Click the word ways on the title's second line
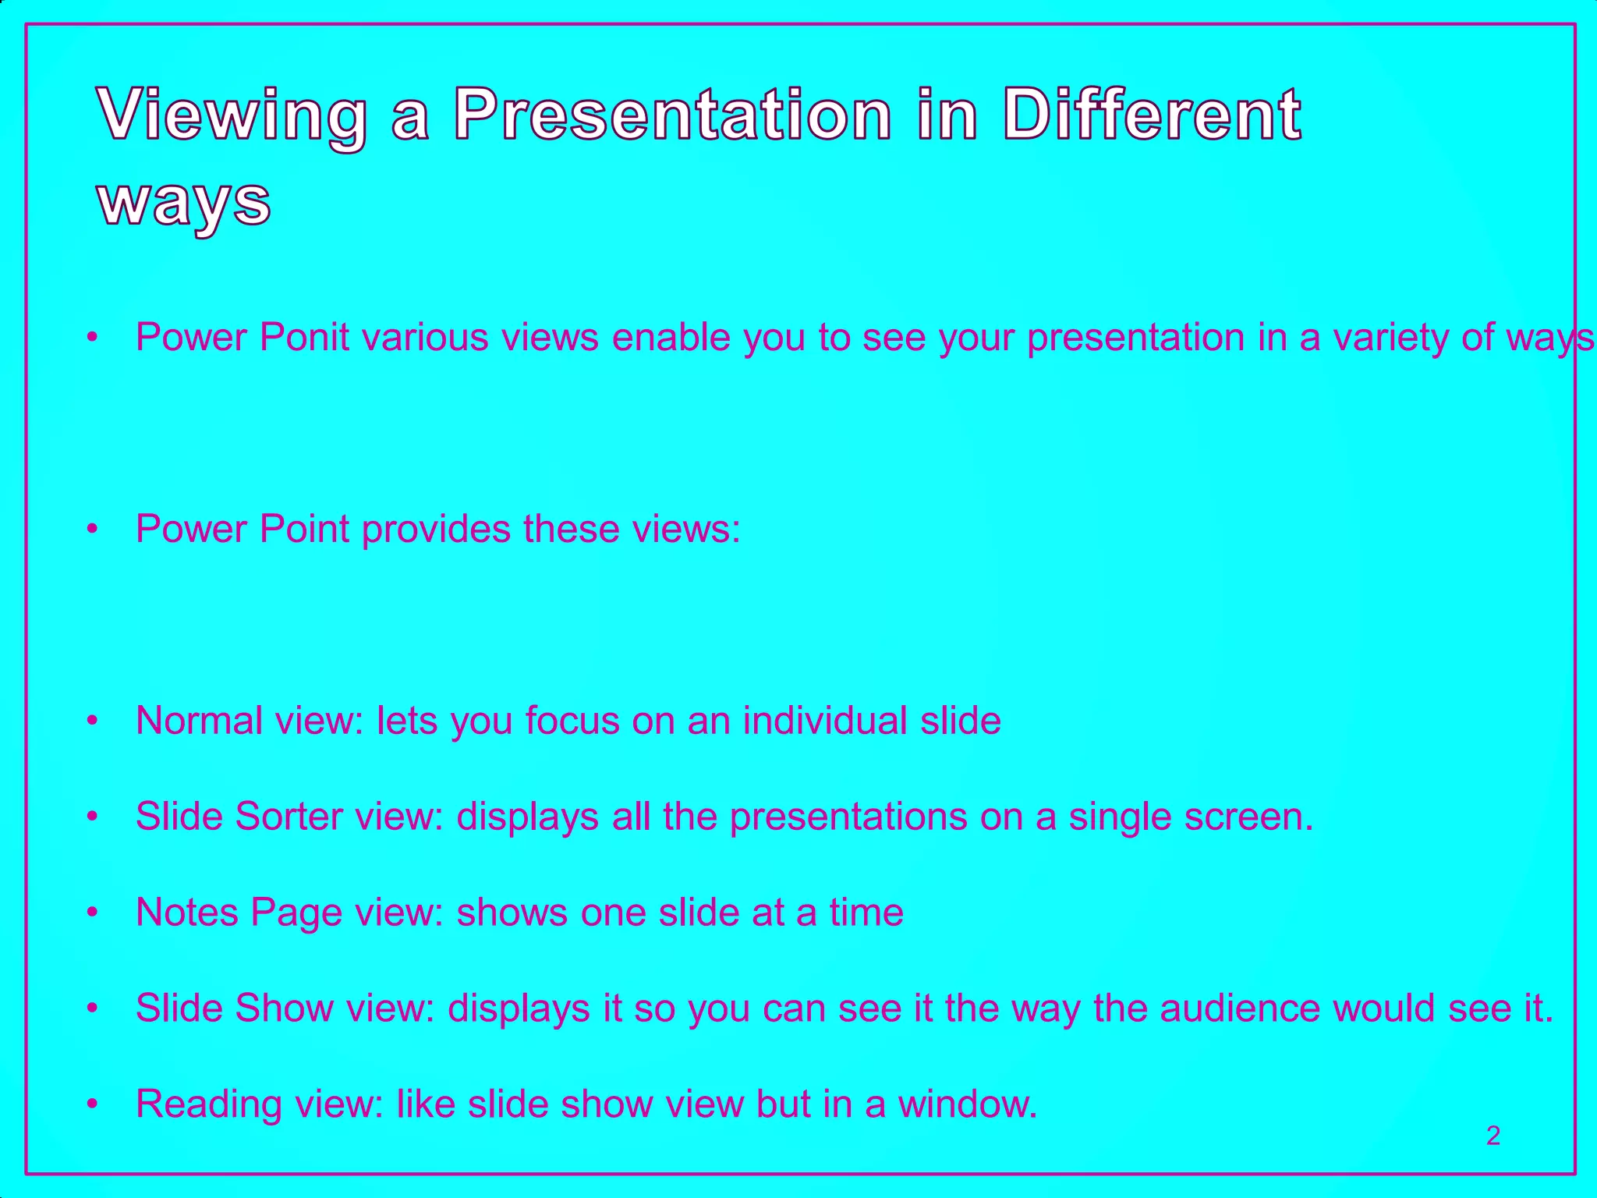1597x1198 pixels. pyautogui.click(x=184, y=201)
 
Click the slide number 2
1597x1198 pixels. pyautogui.click(x=1493, y=1136)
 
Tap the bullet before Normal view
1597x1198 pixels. pyautogui.click(x=93, y=721)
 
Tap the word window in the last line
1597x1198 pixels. pyautogui.click(x=967, y=1104)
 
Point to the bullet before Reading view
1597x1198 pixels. pyautogui.click(x=93, y=1104)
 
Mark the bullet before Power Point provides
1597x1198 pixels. pyautogui.click(x=93, y=529)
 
